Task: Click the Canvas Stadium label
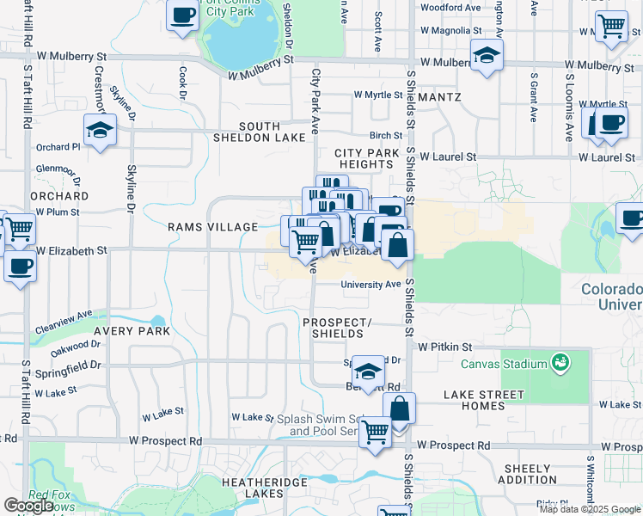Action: [x=504, y=364]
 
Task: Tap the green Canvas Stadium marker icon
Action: [x=561, y=361]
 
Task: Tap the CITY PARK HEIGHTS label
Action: [x=368, y=158]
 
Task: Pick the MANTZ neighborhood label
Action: [x=440, y=97]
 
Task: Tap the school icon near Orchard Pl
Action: [x=101, y=131]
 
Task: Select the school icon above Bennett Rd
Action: [x=368, y=372]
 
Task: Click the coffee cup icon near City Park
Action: [x=183, y=16]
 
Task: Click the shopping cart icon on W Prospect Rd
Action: [x=375, y=432]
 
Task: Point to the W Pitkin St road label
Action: [x=445, y=347]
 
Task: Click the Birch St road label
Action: [x=386, y=135]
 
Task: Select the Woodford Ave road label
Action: [x=450, y=8]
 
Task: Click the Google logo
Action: [x=29, y=506]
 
